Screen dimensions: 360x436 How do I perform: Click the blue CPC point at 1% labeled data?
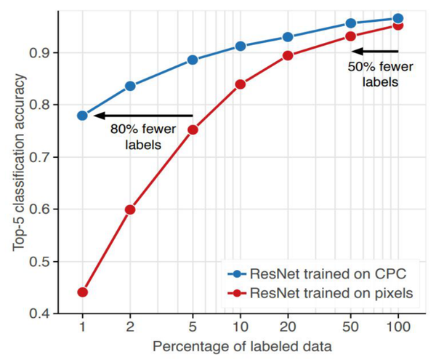point(82,116)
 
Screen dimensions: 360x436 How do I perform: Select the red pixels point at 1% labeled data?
point(82,292)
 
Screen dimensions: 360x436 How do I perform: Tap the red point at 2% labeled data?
point(130,209)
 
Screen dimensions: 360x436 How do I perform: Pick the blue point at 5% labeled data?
point(193,60)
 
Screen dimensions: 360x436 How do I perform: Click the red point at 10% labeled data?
point(241,84)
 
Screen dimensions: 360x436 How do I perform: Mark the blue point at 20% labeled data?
point(288,37)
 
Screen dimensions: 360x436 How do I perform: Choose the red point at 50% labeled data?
point(350,36)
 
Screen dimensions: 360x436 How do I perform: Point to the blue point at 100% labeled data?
point(397,19)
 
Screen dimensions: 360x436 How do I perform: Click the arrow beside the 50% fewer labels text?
point(375,51)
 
